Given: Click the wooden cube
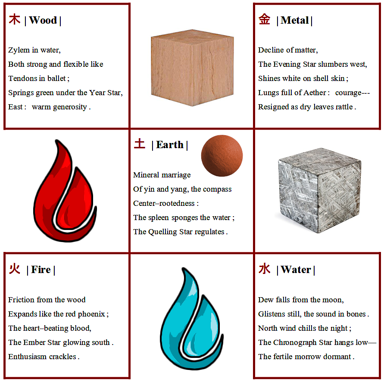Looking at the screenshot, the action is (192, 68).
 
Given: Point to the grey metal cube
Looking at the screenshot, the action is (320, 190).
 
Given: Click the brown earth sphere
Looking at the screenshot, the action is (222, 155).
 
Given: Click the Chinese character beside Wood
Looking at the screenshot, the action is (15, 19).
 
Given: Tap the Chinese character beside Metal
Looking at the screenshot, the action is (265, 19).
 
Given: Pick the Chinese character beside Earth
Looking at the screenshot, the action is (140, 144).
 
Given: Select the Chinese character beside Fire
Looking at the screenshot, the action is (15, 269).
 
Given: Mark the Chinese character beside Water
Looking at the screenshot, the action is (265, 269).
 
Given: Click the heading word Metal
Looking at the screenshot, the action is (295, 20).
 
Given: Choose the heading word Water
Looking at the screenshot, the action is (296, 270).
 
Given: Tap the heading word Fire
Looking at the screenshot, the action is (41, 270).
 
